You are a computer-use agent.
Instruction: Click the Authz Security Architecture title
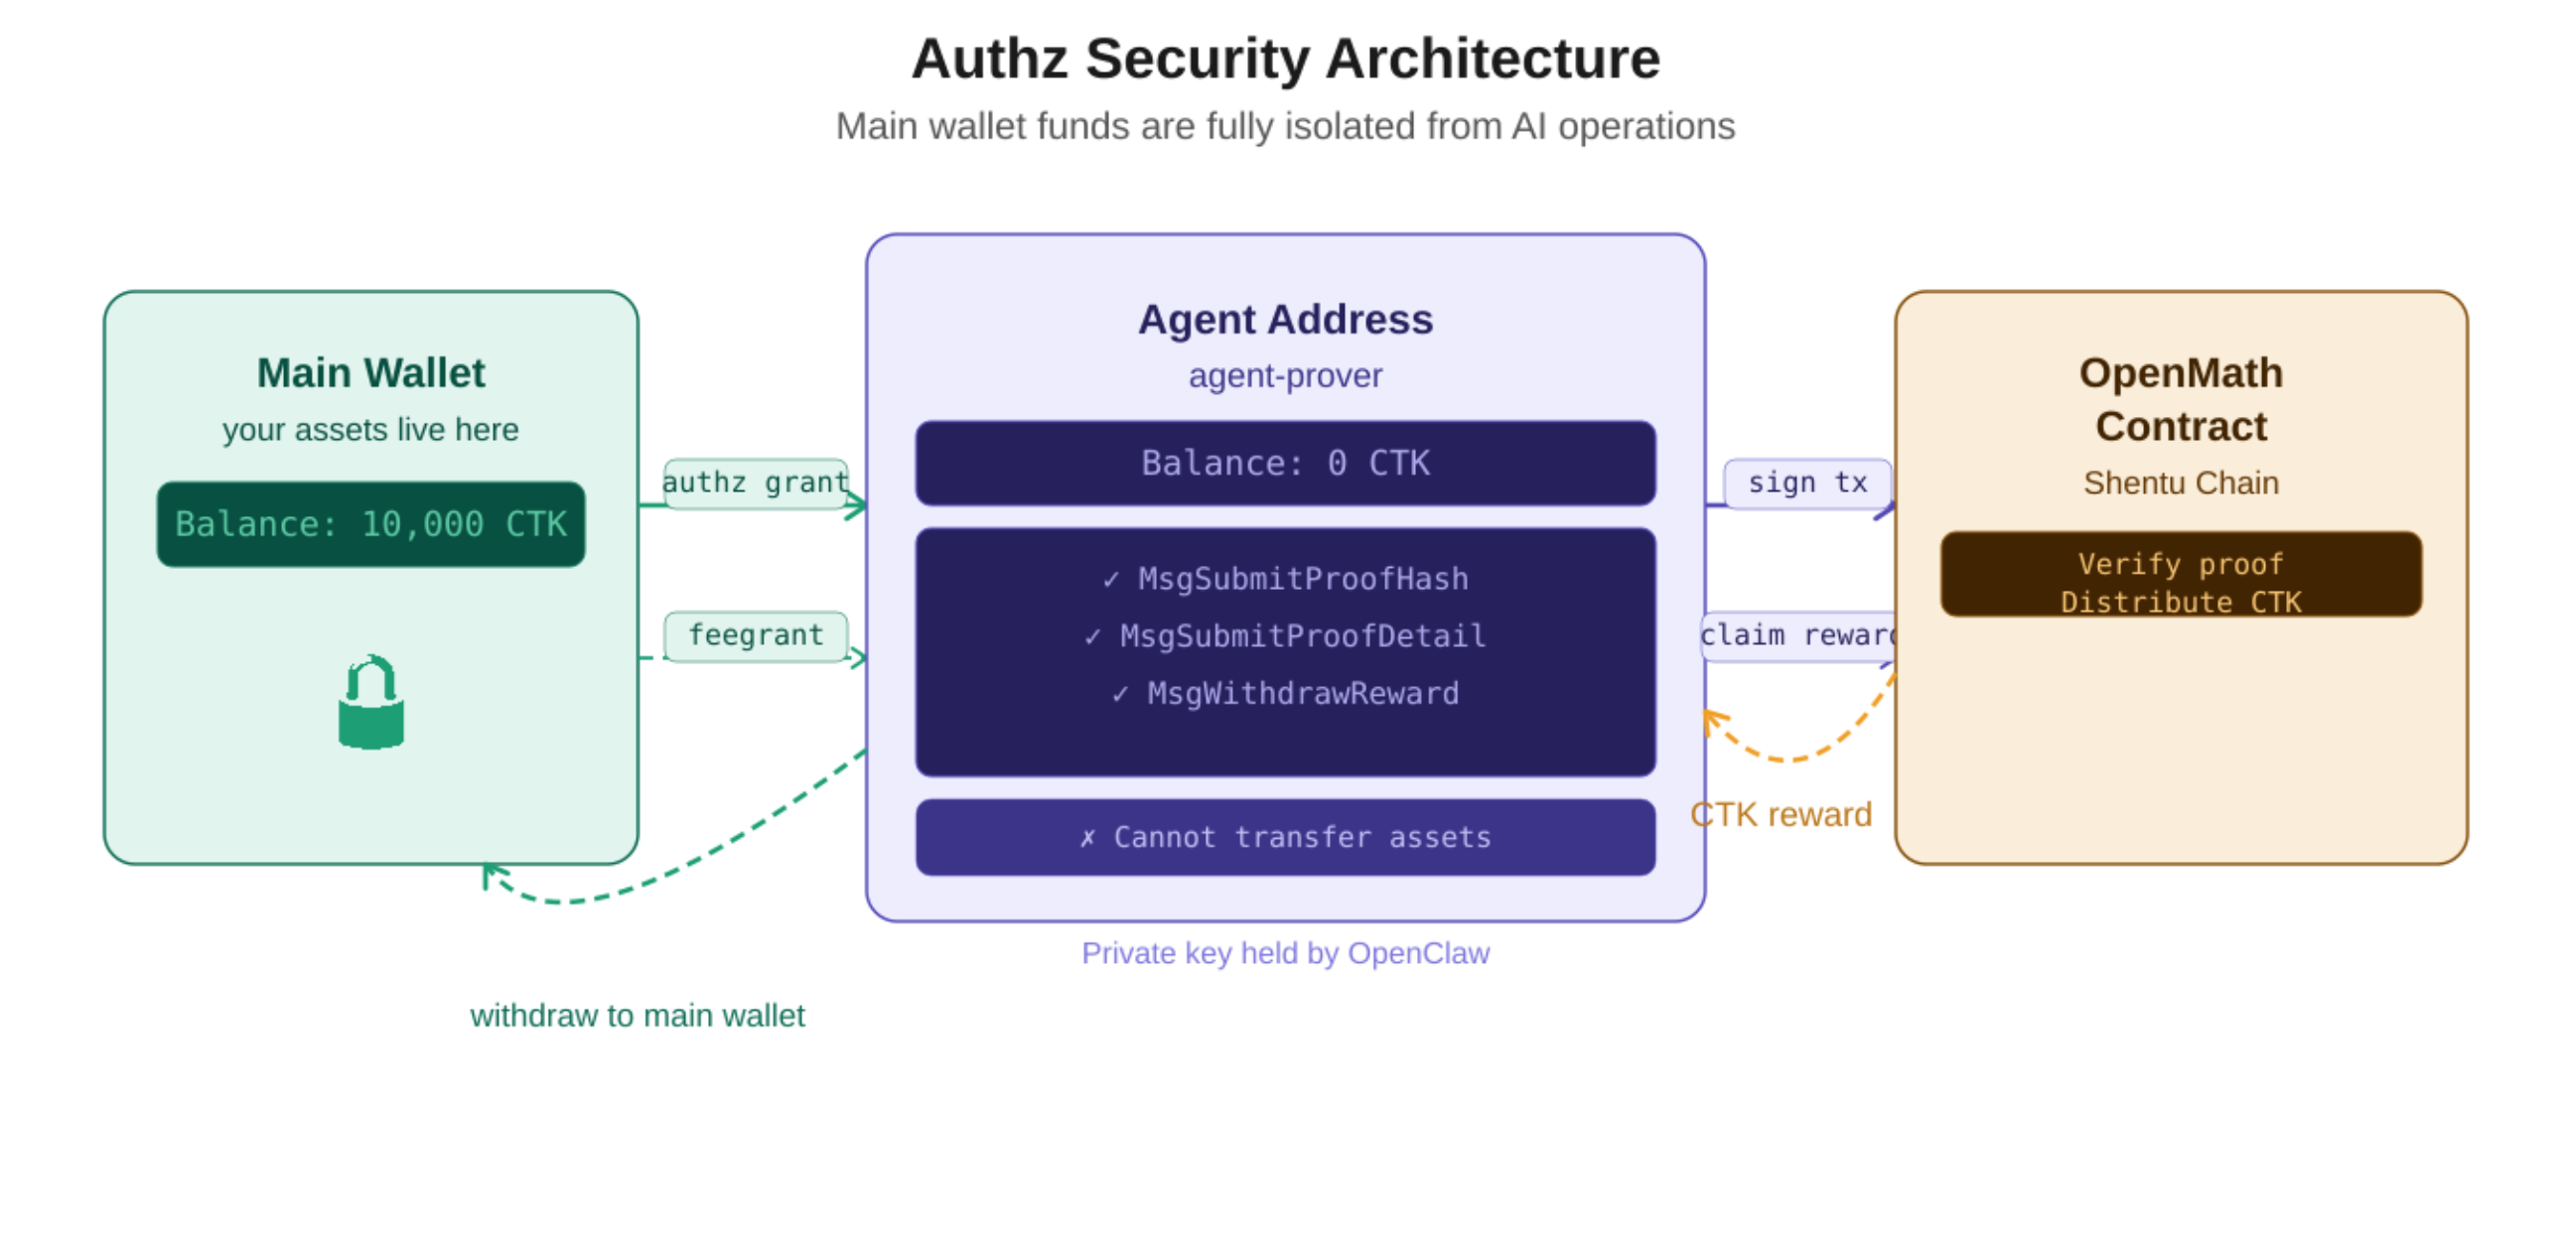pos(1284,58)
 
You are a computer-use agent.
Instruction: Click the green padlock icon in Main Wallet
pos(370,704)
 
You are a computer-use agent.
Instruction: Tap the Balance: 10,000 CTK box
pos(370,525)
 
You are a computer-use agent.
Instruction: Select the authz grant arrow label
pos(756,483)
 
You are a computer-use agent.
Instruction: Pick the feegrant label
pos(756,635)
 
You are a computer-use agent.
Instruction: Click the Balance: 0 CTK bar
pos(1284,463)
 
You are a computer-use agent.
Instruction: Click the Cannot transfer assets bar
pos(1284,837)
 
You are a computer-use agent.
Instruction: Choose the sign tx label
pos(1806,483)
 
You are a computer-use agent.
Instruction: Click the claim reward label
pos(1796,635)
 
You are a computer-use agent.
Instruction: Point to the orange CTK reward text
pos(1781,815)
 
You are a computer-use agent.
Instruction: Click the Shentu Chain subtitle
pos(2180,483)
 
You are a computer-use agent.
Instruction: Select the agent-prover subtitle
pos(1284,376)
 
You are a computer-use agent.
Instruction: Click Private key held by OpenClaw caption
pos(1284,954)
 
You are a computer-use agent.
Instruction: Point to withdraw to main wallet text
pos(637,1016)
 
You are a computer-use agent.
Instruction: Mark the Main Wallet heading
pos(370,373)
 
